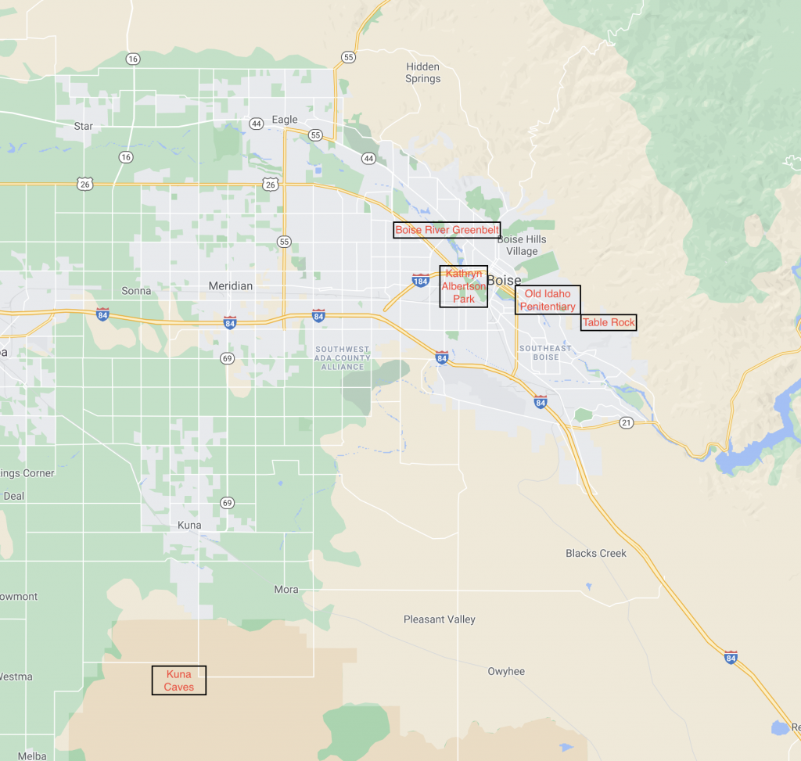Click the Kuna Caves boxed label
[179, 680]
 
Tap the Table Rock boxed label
[609, 322]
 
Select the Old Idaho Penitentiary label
[548, 300]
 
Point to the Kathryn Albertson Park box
[464, 286]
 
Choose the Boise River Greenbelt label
[447, 230]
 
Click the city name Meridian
[231, 286]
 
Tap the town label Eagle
[285, 120]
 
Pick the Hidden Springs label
[422, 73]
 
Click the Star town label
[83, 126]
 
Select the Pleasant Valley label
[440, 619]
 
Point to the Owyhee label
[506, 671]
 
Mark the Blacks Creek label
[596, 553]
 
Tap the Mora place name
[286, 589]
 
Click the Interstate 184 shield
[420, 280]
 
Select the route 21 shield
[626, 422]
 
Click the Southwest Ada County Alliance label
[342, 357]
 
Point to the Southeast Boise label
[546, 353]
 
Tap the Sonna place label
[136, 291]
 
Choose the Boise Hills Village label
[522, 245]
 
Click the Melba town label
[33, 756]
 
